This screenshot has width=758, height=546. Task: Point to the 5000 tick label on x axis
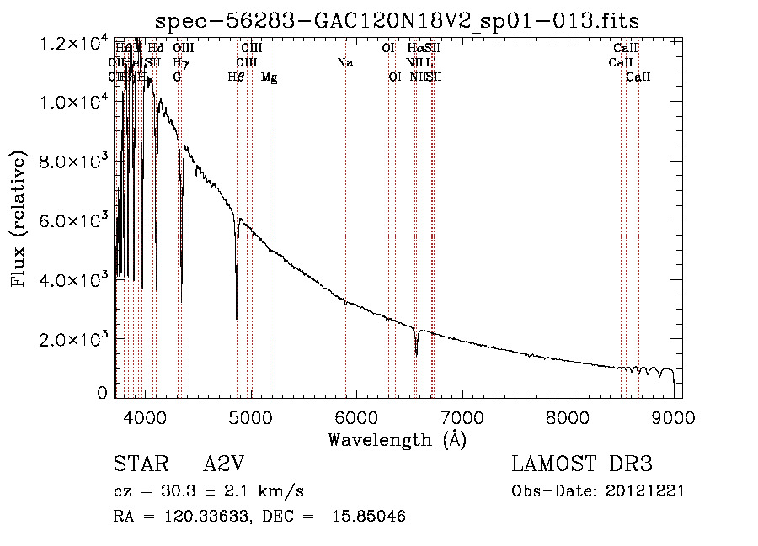coord(250,417)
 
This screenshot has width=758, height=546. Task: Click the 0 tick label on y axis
coord(103,393)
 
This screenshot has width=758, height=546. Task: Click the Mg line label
coord(270,77)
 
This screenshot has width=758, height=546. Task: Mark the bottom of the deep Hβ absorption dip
coord(237,318)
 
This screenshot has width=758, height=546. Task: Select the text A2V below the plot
coord(223,465)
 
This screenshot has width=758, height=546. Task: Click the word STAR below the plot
coord(135,465)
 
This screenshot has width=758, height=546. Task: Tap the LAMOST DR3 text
coord(581,465)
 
